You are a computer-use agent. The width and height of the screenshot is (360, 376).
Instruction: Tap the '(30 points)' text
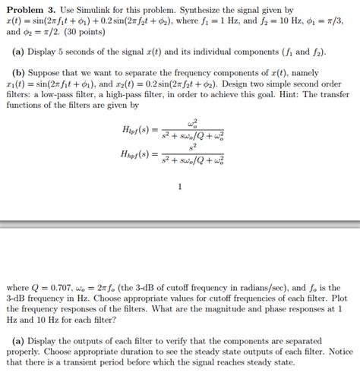tap(97, 35)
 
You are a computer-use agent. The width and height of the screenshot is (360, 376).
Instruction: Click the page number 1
tap(180, 185)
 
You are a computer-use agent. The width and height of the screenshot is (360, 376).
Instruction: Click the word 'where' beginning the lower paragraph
tap(18, 289)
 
